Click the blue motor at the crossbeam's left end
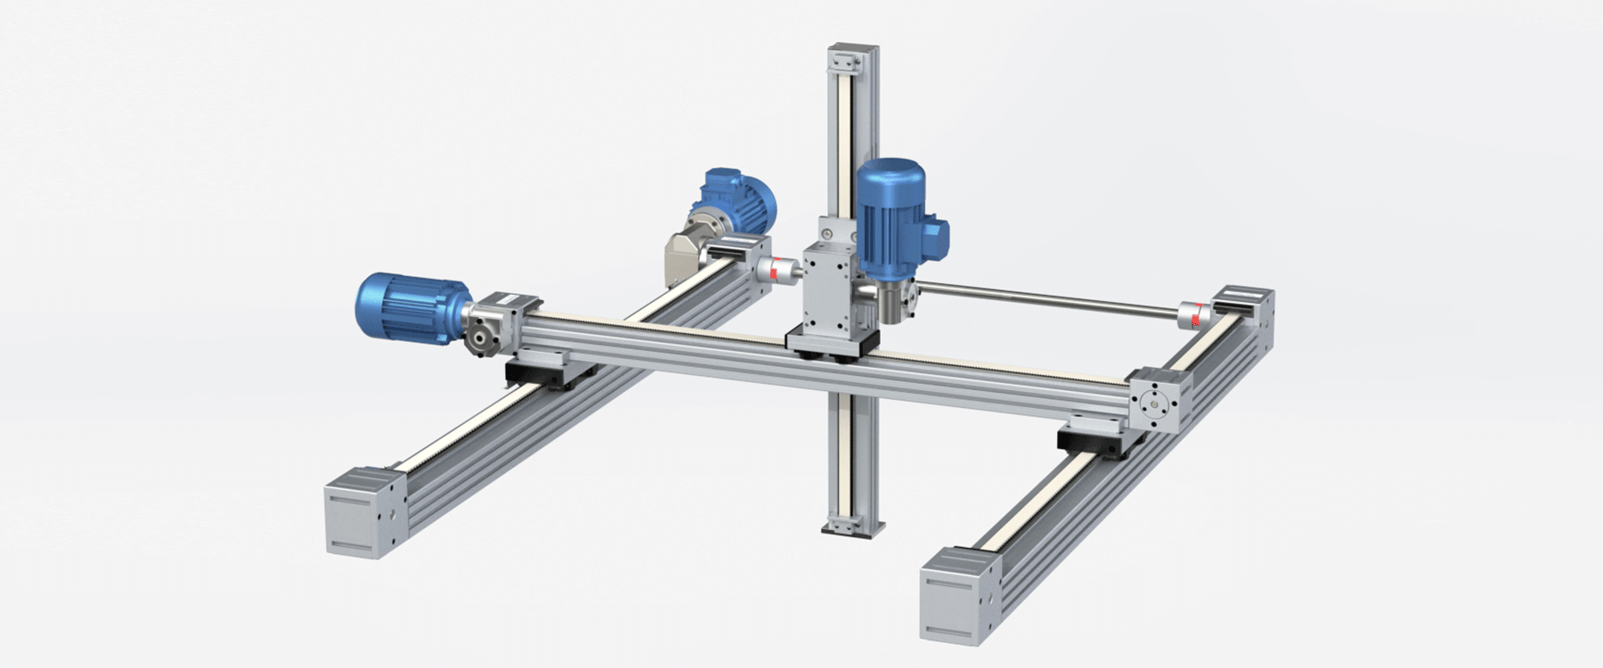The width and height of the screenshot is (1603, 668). pyautogui.click(x=412, y=307)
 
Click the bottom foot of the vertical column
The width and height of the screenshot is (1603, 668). pyautogui.click(x=852, y=526)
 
